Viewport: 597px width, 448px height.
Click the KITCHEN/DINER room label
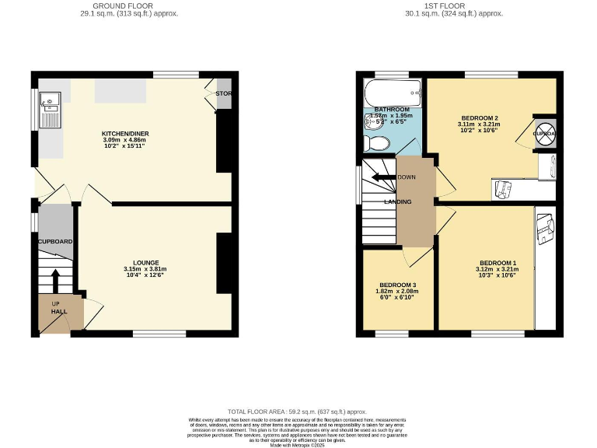[x=125, y=134]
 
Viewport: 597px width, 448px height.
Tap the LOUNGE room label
[x=145, y=263]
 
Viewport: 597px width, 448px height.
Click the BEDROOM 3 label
[x=397, y=285]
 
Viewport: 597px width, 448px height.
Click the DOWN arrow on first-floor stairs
[x=383, y=177]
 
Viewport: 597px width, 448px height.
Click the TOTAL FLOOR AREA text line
[x=298, y=411]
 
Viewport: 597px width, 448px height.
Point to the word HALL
[x=59, y=312]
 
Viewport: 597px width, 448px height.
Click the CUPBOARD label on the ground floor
[x=55, y=242]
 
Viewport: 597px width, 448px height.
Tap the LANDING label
[x=397, y=202]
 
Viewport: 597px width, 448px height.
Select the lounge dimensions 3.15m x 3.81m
[x=145, y=269]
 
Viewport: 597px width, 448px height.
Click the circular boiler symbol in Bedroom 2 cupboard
[x=545, y=131]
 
